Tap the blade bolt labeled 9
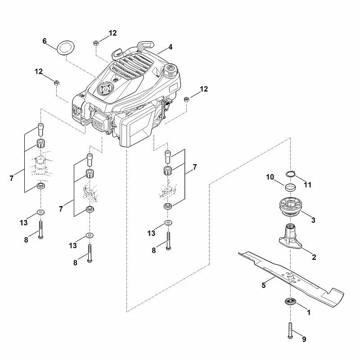[x=290, y=330]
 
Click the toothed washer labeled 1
[x=290, y=301]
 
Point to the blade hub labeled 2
[x=290, y=237]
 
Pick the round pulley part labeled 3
[x=290, y=206]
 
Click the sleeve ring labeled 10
[x=290, y=187]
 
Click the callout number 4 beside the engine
[x=170, y=47]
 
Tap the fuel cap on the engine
[x=170, y=70]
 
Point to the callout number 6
[x=45, y=41]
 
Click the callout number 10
[x=270, y=177]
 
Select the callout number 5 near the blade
[x=264, y=285]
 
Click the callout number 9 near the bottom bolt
[x=304, y=339]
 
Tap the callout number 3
[x=313, y=220]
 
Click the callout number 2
[x=314, y=257]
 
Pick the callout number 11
[x=308, y=185]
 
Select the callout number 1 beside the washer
[x=309, y=312]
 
